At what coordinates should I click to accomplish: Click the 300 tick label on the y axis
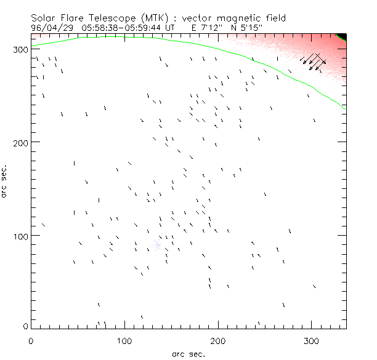(x=20, y=49)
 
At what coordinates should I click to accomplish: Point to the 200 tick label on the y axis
(x=20, y=142)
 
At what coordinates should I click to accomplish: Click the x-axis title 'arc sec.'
(x=188, y=354)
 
